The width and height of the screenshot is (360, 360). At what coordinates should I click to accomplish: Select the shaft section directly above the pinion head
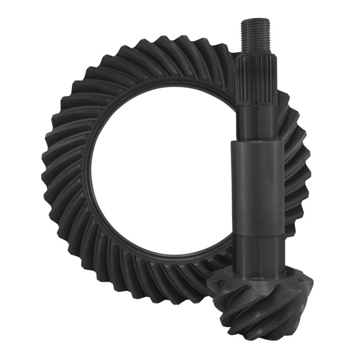tap(259, 254)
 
